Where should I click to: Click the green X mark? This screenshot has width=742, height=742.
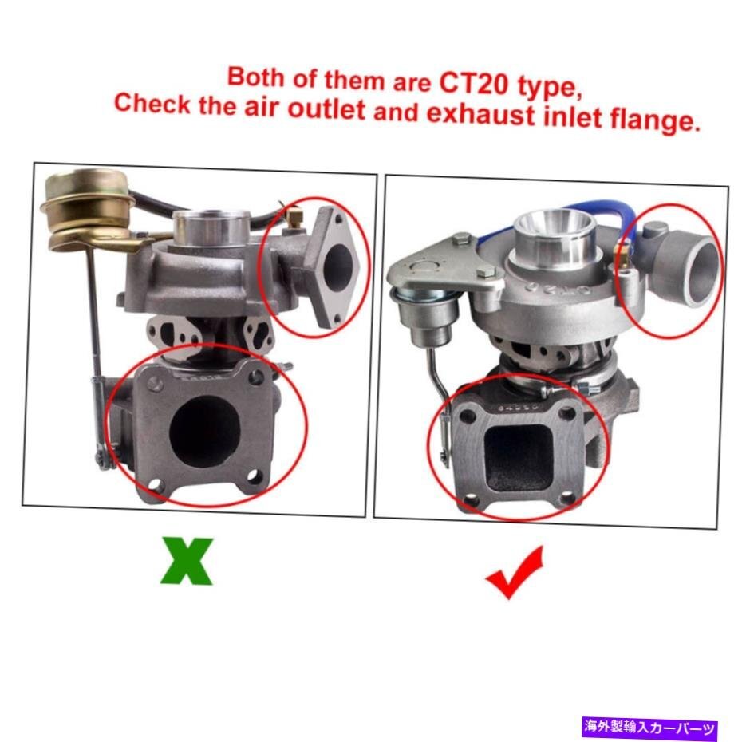click(x=187, y=561)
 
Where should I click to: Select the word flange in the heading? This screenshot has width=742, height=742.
click(x=642, y=121)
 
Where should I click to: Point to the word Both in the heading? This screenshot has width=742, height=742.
click(x=255, y=77)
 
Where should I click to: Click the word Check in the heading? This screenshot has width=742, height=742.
click(x=153, y=104)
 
